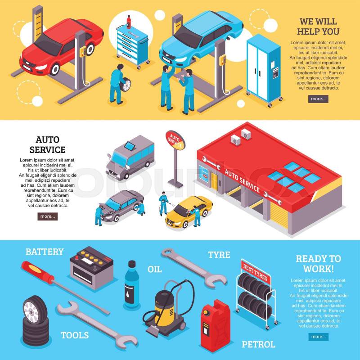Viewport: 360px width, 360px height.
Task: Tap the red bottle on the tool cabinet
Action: click(129, 22)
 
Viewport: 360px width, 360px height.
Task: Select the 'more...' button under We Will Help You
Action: click(318, 99)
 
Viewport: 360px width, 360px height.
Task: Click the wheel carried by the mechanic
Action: click(126, 85)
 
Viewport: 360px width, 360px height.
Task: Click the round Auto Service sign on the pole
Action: click(175, 140)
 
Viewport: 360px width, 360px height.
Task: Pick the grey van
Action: click(130, 157)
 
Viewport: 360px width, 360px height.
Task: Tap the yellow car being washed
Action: click(189, 211)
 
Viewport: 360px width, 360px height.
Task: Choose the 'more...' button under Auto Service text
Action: click(48, 216)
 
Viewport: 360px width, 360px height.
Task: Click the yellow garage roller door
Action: click(279, 215)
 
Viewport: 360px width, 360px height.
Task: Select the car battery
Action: click(92, 267)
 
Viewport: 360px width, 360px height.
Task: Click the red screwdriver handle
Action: click(37, 273)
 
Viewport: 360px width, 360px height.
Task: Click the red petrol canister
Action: click(215, 325)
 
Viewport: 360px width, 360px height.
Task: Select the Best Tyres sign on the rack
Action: click(255, 272)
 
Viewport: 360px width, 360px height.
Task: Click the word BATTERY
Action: click(45, 252)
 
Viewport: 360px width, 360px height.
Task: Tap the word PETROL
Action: click(258, 344)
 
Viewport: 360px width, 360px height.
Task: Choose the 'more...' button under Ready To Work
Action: click(319, 337)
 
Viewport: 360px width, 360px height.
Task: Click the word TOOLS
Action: click(75, 335)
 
